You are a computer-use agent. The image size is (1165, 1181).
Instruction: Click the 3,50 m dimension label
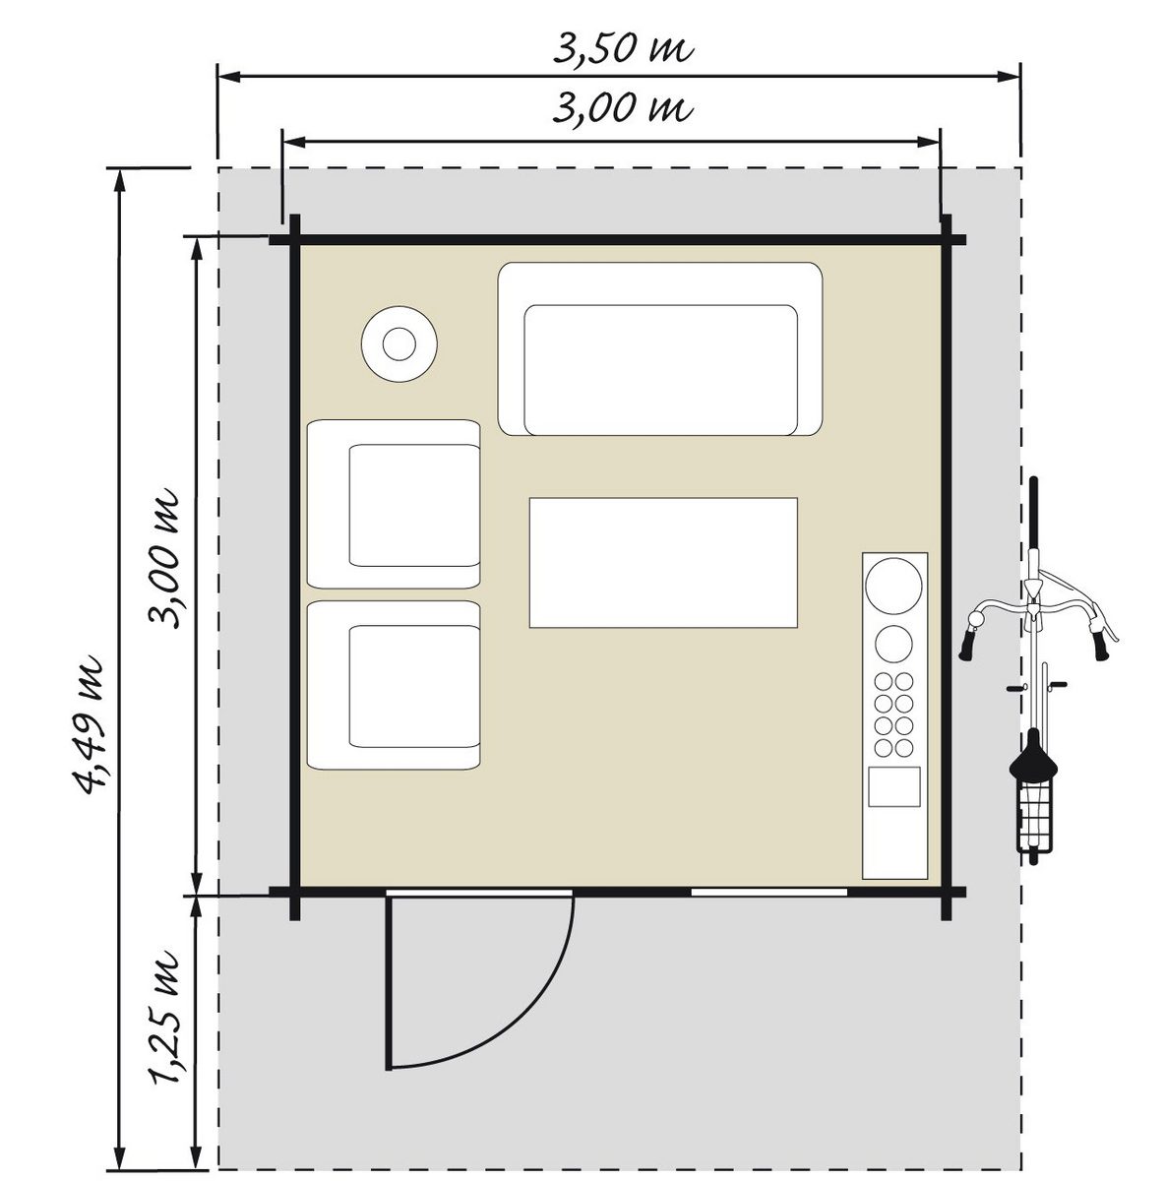(623, 48)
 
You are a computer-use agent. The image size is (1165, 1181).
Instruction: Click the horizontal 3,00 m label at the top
(623, 108)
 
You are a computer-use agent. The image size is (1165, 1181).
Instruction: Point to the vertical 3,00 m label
(165, 558)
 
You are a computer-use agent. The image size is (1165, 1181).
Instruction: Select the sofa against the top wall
(660, 348)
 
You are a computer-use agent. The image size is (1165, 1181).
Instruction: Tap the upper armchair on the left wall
(394, 504)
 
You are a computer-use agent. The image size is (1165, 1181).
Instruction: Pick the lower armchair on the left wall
(394, 685)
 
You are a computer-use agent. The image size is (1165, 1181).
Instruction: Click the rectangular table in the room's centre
(663, 563)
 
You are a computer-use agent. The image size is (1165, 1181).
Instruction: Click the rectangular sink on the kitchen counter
(894, 786)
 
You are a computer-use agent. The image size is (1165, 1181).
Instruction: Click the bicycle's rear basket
(1034, 819)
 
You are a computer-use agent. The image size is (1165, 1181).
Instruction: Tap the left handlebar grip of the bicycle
(968, 644)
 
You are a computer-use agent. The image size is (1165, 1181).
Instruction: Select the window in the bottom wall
(769, 892)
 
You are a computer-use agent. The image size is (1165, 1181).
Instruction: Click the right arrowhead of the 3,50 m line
(1009, 76)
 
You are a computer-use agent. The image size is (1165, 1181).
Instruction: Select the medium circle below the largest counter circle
(893, 644)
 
